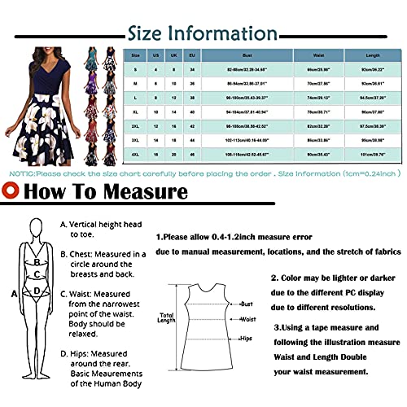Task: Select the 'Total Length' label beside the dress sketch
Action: pyautogui.click(x=166, y=317)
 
